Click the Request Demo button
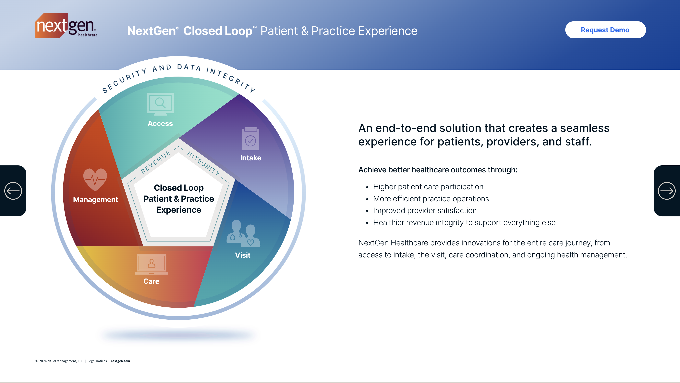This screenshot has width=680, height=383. pyautogui.click(x=605, y=30)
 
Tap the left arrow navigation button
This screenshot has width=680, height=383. pyautogui.click(x=13, y=191)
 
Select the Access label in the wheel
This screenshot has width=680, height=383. pyautogui.click(x=160, y=124)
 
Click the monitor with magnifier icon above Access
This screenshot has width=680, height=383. pyautogui.click(x=160, y=104)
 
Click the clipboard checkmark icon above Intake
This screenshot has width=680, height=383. pyautogui.click(x=250, y=139)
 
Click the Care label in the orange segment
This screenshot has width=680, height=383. pyautogui.click(x=151, y=281)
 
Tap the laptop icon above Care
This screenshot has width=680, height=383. pyautogui.click(x=151, y=264)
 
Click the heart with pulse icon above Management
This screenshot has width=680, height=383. pyautogui.click(x=95, y=180)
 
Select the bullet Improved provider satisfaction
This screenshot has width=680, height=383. pyautogui.click(x=425, y=211)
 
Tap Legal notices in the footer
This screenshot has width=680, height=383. pyautogui.click(x=97, y=361)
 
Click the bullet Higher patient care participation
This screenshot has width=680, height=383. pyautogui.click(x=428, y=187)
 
